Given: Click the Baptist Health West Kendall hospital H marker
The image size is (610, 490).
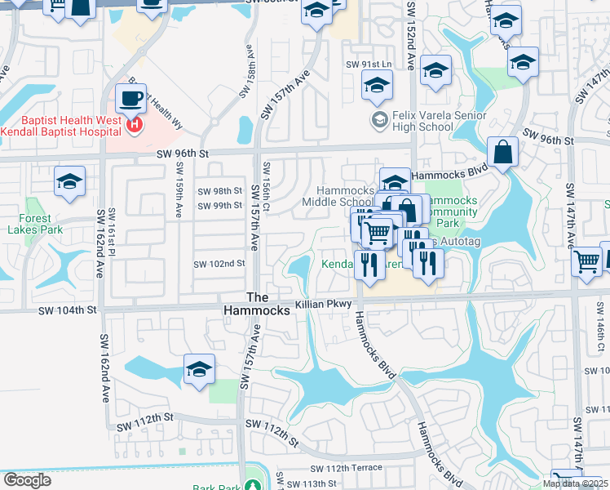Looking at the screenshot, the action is pos(135,126).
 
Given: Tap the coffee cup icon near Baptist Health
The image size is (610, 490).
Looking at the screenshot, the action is pos(130,100).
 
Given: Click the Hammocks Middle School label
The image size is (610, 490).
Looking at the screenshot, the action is pos(338,196).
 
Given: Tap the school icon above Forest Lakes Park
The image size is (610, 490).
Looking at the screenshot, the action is pos(69,183).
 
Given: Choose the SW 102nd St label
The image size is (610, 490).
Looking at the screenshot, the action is pos(219,264).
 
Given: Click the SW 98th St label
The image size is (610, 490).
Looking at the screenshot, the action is pos(220,191).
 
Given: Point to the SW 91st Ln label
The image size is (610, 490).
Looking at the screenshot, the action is pos(369,64).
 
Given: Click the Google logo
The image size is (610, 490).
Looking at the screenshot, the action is pos(27,480).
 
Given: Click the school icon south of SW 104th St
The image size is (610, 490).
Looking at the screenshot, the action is pos(199,370).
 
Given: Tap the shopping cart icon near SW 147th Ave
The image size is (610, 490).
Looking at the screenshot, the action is pos(587,263).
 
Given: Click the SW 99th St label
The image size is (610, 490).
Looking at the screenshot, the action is pos(220,206).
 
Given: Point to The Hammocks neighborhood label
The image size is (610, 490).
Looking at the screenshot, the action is pos(257,304).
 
